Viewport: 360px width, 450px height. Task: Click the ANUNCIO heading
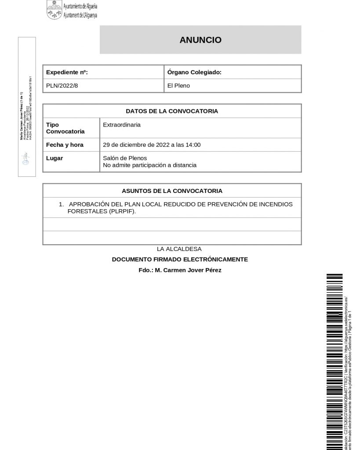coord(200,40)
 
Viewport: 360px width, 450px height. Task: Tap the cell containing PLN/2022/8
coord(62,86)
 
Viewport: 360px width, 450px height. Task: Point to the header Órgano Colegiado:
coord(194,72)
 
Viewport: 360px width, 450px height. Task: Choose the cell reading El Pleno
coord(179,86)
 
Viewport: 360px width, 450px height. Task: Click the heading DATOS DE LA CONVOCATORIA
coord(172,111)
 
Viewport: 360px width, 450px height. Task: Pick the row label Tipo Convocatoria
coord(65,128)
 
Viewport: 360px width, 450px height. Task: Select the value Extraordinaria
coord(122,125)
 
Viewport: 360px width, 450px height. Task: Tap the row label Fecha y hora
coord(65,145)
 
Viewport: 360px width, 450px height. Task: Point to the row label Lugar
coord(55,158)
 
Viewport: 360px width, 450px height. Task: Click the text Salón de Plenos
coord(125,158)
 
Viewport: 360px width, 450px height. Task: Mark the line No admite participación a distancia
coord(149,165)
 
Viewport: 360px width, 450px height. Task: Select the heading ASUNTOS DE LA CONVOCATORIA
coord(172,191)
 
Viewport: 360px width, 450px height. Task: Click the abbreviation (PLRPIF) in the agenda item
coord(122,211)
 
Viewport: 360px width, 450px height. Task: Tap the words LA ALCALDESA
coord(182,249)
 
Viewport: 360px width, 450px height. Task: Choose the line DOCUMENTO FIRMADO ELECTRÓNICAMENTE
coord(180,259)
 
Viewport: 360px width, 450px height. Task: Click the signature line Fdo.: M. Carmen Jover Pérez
coord(180,270)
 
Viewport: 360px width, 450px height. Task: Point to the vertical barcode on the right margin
coord(334,360)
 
